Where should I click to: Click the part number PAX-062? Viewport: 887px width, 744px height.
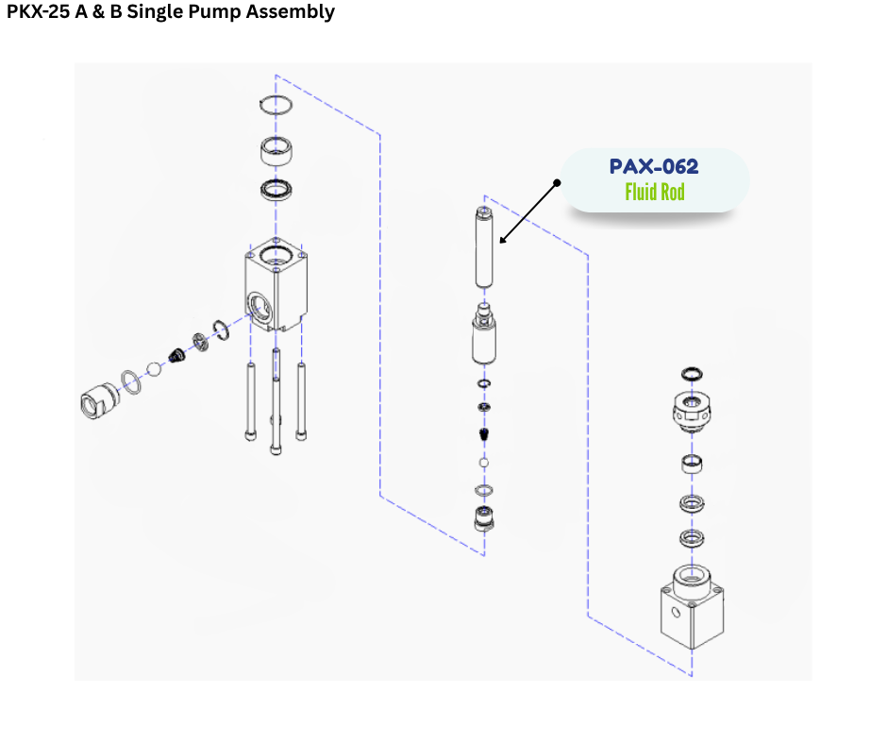[x=654, y=167]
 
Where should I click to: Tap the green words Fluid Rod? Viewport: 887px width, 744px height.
[x=654, y=193]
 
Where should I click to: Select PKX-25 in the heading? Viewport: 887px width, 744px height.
[x=38, y=12]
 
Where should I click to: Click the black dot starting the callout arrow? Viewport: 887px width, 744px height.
[x=558, y=180]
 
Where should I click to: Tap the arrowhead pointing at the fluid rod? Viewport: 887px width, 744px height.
[x=503, y=242]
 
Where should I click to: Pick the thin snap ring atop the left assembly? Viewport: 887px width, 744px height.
[x=276, y=105]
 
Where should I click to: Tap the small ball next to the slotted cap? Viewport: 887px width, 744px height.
[x=155, y=367]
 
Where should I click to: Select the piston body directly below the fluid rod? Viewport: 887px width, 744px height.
[x=485, y=338]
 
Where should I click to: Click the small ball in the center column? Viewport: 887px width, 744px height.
[x=484, y=464]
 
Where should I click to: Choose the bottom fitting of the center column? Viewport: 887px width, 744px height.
[x=484, y=518]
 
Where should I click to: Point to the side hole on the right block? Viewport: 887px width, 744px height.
[x=677, y=611]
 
